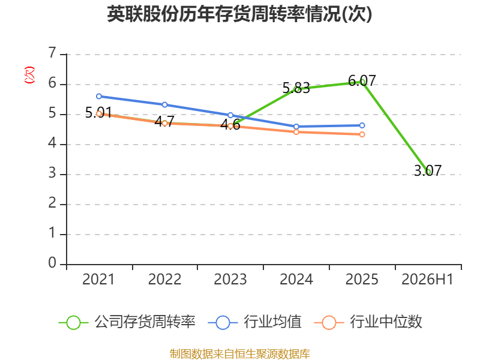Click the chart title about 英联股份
tap(239, 14)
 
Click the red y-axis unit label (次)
tap(29, 75)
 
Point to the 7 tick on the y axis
tap(53, 53)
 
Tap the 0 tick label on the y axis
tap(53, 263)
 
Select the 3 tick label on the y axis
tap(53, 173)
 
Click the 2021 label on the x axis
tap(98, 279)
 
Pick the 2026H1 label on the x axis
tap(427, 279)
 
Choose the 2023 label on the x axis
tap(230, 279)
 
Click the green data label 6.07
tap(362, 81)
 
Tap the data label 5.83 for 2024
tap(296, 88)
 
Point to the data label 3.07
tap(428, 170)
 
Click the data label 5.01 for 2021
tap(98, 112)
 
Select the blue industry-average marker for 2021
tap(99, 96)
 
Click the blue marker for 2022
tap(164, 104)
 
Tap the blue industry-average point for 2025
tap(362, 125)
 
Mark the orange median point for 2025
tap(362, 134)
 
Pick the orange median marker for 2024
tap(296, 132)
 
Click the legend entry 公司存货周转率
tap(127, 322)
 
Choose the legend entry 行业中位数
tap(368, 322)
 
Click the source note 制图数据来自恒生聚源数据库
tap(240, 353)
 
